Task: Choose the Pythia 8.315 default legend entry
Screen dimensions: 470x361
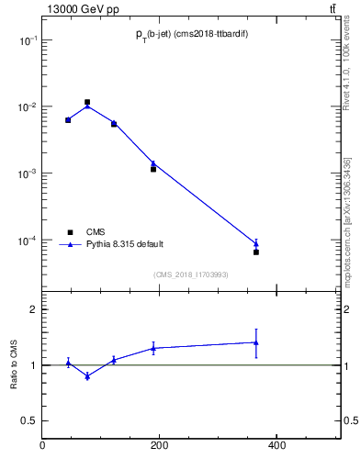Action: [x=125, y=244]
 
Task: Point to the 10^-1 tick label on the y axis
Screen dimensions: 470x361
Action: [x=28, y=40]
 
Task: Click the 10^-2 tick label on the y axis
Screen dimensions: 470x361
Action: [x=28, y=107]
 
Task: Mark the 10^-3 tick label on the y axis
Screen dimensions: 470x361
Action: [x=28, y=173]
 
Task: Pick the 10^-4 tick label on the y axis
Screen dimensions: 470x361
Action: [x=28, y=241]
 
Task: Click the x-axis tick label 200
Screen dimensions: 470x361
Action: [x=159, y=447]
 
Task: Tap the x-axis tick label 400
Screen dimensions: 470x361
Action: [x=276, y=447]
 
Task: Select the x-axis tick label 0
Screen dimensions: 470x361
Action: [x=42, y=447]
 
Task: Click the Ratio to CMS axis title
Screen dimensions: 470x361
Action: [x=14, y=364]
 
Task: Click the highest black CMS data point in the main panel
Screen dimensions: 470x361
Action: [x=87, y=103]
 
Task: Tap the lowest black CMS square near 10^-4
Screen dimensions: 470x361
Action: [x=256, y=252]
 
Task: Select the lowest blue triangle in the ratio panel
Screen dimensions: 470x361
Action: [x=87, y=376]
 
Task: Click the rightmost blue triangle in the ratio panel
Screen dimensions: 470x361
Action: [x=256, y=342]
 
